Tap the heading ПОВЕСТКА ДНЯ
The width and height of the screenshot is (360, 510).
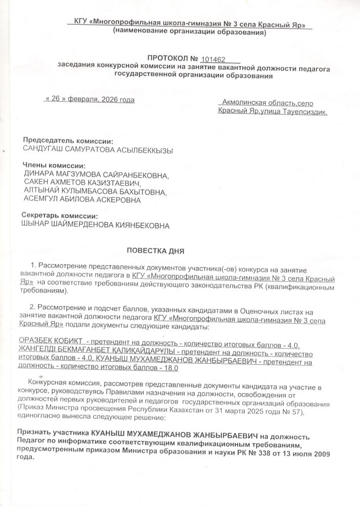tap(155, 250)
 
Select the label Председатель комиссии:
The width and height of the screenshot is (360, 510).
tap(69, 140)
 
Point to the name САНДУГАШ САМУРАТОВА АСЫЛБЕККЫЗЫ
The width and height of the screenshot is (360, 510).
tap(98, 150)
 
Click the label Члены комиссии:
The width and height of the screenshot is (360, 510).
tap(54, 165)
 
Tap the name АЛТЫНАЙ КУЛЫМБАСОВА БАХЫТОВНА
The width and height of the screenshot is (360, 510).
tap(95, 192)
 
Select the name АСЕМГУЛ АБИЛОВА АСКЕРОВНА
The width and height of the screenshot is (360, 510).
tap(82, 200)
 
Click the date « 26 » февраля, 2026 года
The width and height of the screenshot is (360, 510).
tap(89, 100)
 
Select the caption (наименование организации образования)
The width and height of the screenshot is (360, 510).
tap(189, 32)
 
